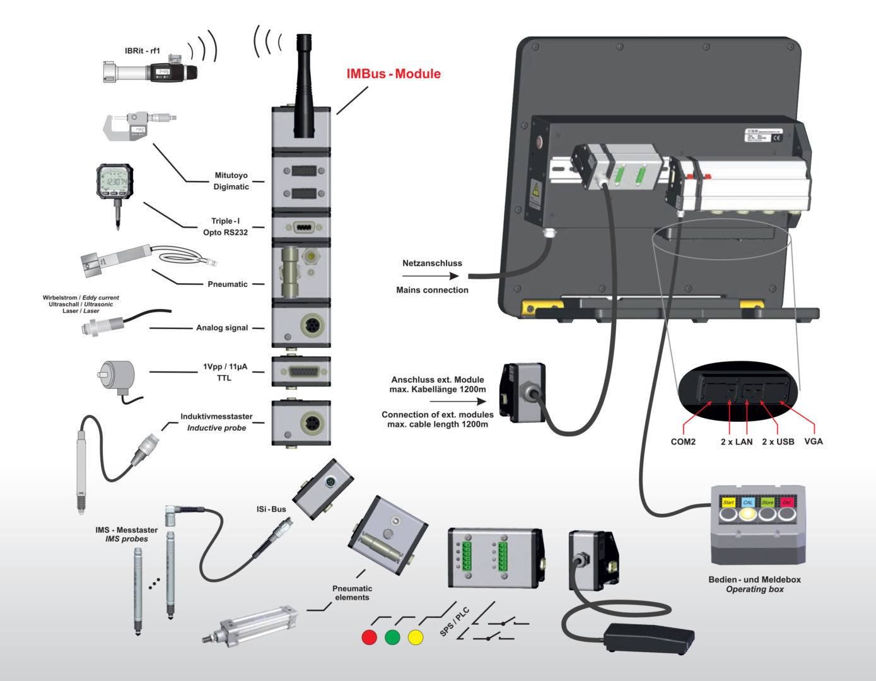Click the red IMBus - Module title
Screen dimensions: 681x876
click(394, 74)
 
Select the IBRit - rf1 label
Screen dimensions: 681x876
click(142, 51)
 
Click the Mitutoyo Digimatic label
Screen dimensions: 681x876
click(231, 181)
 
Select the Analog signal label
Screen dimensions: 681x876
click(221, 328)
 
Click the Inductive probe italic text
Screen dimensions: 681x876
click(216, 428)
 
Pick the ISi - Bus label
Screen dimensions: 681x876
click(271, 509)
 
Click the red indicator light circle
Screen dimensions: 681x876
click(369, 637)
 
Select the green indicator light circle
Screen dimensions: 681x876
click(392, 637)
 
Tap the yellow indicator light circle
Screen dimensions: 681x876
click(416, 637)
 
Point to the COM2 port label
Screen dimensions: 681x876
click(683, 442)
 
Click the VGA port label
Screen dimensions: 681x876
click(814, 441)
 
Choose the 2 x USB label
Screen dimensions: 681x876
click(778, 442)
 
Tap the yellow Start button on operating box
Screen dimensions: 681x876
click(728, 503)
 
